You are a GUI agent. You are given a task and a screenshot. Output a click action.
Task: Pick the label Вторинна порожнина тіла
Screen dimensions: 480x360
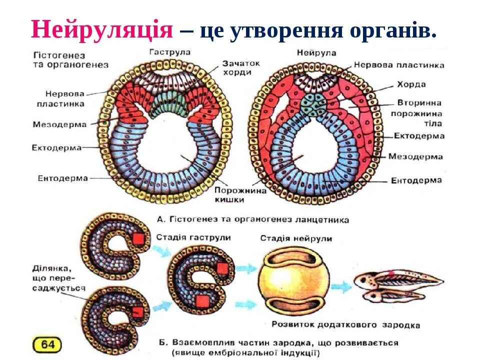[419, 113]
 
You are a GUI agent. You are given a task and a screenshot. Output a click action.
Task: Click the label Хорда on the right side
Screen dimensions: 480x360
[411, 84]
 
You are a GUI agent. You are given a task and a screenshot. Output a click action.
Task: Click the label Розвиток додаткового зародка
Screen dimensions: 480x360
[345, 325]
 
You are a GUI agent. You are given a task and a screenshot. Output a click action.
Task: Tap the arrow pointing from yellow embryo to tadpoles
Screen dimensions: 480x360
[342, 286]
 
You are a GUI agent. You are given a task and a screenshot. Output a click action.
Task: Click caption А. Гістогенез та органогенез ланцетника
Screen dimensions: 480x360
[252, 219]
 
